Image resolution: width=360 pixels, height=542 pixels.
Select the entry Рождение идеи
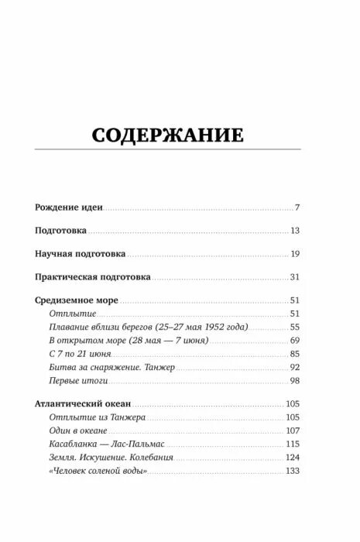coord(70,209)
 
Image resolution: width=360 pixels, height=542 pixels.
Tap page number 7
coord(297,209)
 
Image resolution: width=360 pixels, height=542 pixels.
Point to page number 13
coord(295,232)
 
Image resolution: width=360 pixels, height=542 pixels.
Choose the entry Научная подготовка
coord(81,254)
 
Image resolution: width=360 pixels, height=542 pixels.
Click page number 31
coord(294,277)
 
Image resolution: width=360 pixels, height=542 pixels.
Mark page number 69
coord(294,341)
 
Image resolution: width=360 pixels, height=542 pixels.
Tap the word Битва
coord(63,368)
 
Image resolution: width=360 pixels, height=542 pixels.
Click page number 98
coord(294,381)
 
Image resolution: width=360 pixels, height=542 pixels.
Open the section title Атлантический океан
coord(83,404)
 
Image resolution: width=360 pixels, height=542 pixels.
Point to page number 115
coord(292,444)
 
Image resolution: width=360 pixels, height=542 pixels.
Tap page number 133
coord(292,472)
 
